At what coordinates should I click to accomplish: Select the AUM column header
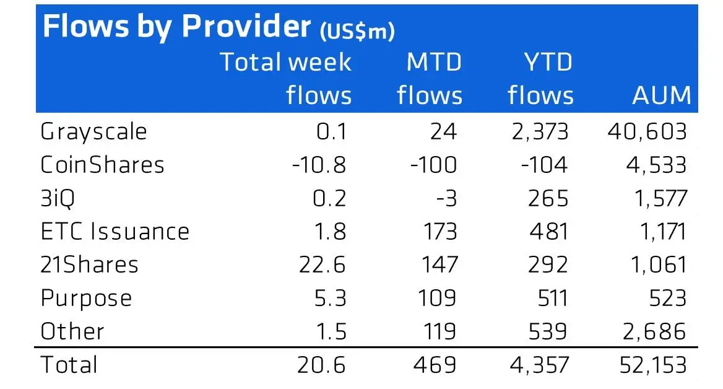pyautogui.click(x=660, y=95)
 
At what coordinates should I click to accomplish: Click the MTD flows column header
pyautogui.click(x=430, y=79)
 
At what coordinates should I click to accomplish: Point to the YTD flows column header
pyautogui.click(x=540, y=79)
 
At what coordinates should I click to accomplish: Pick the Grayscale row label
pyautogui.click(x=94, y=132)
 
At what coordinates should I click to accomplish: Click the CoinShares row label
pyautogui.click(x=103, y=165)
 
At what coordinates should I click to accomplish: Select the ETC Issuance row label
pyautogui.click(x=115, y=231)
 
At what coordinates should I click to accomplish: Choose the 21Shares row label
pyautogui.click(x=90, y=264)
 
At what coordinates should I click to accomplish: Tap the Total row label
pyautogui.click(x=69, y=364)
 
